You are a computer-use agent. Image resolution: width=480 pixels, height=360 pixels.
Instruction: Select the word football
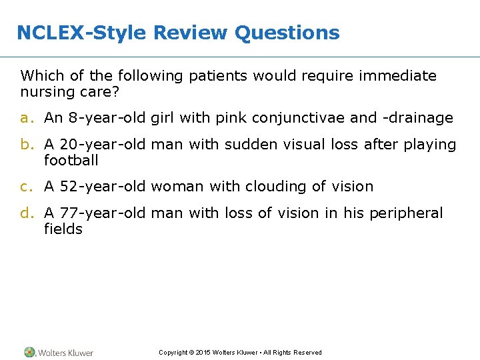coord(71,161)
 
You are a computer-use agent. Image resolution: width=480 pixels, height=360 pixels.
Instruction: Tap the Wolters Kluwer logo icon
coord(29,352)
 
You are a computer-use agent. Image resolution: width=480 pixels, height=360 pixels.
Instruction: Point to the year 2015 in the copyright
coord(202,353)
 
